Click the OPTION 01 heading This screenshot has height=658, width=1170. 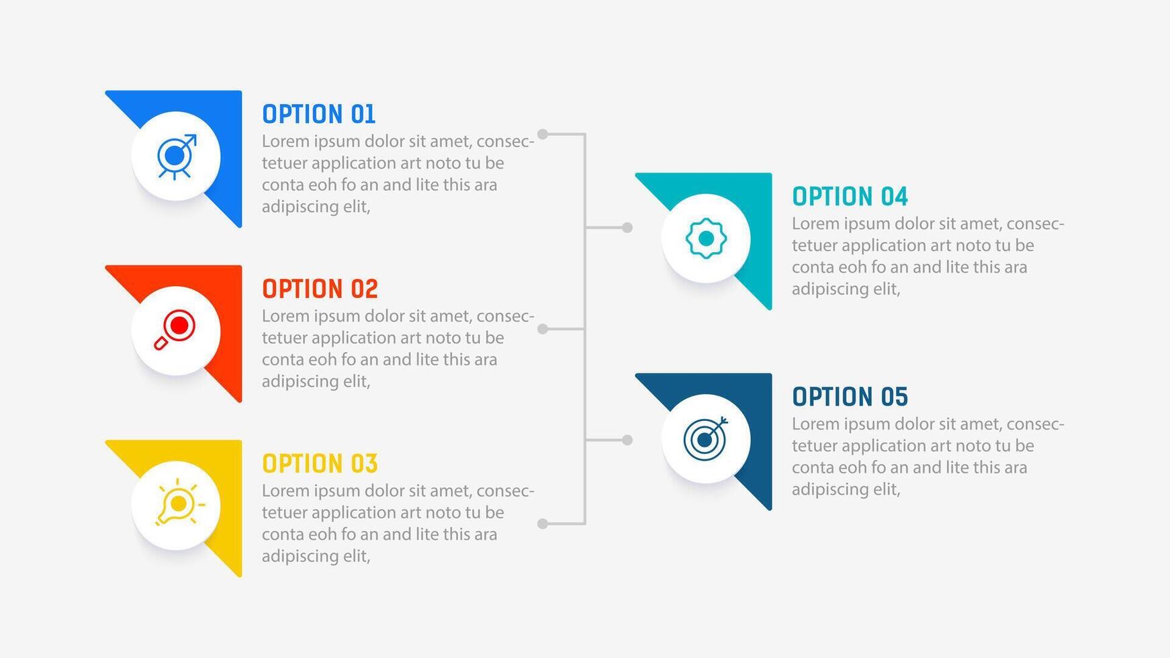pos(318,114)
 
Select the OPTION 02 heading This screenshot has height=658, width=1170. pos(320,289)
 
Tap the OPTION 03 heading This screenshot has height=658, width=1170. pos(320,463)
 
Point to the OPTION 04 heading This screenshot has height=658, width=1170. pos(850,197)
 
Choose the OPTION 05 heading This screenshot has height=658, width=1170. pos(850,397)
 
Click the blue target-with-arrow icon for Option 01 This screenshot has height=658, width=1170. pos(177,156)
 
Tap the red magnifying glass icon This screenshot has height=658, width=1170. pos(175,330)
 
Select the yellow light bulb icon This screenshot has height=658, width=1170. pos(179,502)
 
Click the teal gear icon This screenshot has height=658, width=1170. pos(706,238)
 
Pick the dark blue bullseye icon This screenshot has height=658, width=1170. pos(705,438)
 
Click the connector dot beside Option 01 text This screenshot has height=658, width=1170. pos(543,134)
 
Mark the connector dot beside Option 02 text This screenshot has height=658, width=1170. pos(543,329)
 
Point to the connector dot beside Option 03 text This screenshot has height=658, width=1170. pos(543,524)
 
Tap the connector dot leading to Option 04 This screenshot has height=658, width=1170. pos(627,228)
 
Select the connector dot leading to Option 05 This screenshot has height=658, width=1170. pos(627,440)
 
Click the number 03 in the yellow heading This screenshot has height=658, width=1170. pos(364,463)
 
